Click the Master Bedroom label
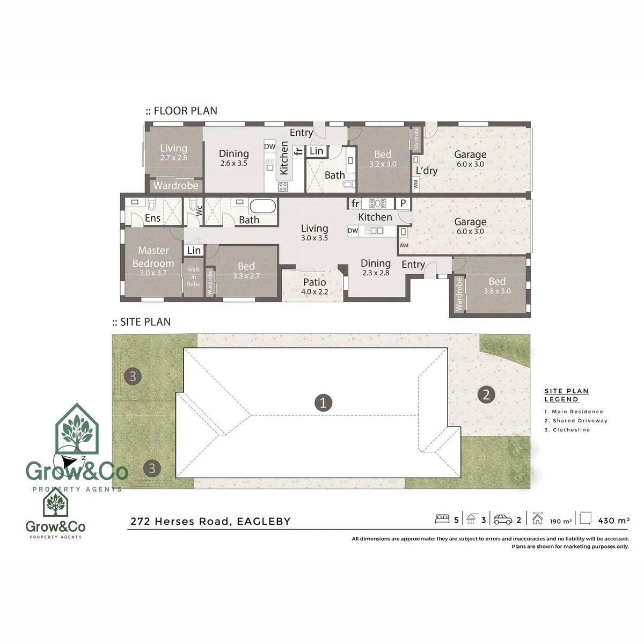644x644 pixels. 153,257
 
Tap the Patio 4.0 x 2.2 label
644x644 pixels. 314,287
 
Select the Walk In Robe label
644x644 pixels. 194,276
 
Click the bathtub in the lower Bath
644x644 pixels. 262,206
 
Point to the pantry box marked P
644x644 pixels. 403,203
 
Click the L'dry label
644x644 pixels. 427,171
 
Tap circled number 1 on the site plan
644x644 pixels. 323,402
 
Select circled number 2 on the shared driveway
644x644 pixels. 486,394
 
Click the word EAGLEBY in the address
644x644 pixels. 264,521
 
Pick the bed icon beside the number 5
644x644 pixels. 442,518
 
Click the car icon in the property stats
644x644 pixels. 503,519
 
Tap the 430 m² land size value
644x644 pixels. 614,521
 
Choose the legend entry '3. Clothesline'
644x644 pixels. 567,430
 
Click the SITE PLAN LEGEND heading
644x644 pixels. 567,395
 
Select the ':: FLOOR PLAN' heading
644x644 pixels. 181,111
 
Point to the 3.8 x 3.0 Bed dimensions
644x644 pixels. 497,291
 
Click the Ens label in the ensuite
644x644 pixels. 152,218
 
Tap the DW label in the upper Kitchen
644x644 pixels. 270,147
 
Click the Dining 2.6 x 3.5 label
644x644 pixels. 233,158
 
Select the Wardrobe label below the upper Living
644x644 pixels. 175,186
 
